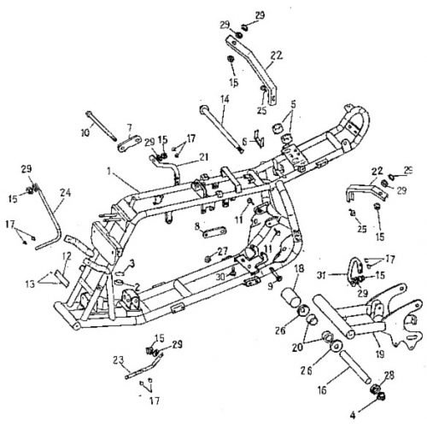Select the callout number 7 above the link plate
tap(130, 127)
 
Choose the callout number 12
tap(67, 256)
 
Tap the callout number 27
tap(224, 251)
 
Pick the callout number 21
tap(203, 155)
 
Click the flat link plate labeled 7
tap(126, 141)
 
